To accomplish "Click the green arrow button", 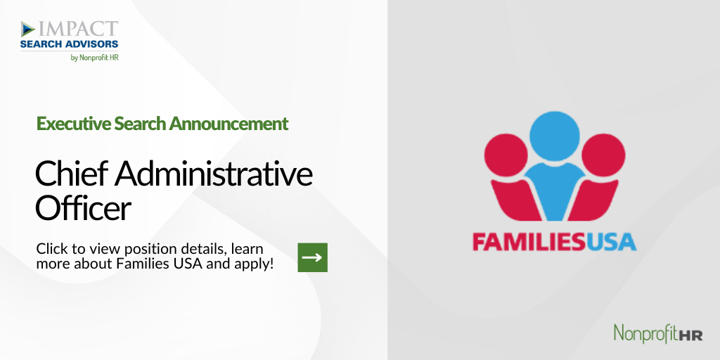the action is (313, 257).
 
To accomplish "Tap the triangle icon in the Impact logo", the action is (28, 29).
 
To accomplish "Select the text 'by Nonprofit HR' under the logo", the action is (95, 58).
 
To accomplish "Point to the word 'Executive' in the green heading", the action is (73, 124).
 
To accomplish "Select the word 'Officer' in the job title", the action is (83, 208).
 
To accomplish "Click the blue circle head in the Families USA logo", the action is (555, 136).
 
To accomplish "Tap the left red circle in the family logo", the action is (506, 155).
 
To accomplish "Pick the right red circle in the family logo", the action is (603, 155).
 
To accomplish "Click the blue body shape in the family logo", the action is (555, 190).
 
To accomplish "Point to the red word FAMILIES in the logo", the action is (529, 242).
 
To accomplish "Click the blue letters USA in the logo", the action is (611, 242).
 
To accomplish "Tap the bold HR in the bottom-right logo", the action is (691, 335).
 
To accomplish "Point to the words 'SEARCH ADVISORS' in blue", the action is (70, 44).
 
